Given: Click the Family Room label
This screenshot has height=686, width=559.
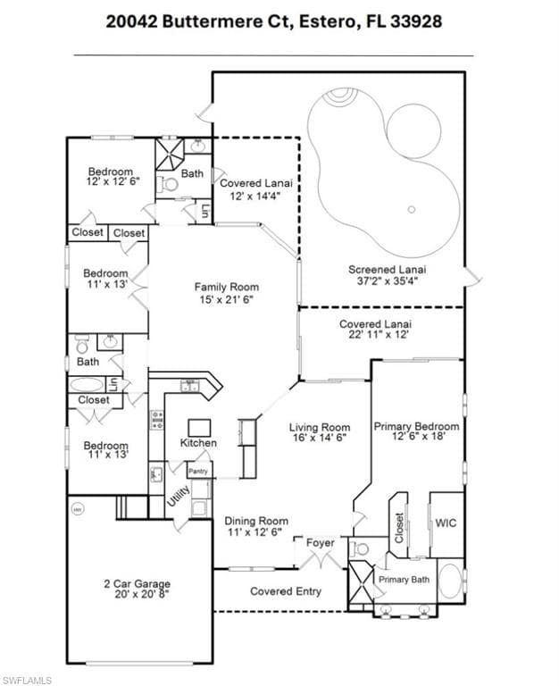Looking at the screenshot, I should (224, 287).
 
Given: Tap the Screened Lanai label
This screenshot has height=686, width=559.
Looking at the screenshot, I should (387, 269).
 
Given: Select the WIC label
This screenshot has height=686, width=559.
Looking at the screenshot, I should (446, 523).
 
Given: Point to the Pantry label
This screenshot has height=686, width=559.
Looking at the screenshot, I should (198, 471).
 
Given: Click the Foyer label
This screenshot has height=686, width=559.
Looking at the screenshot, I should (320, 542).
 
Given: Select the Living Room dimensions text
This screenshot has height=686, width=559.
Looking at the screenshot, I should (319, 439).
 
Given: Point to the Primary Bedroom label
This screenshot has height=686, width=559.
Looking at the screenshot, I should (416, 427).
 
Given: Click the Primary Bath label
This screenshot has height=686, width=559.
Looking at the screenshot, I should (404, 580).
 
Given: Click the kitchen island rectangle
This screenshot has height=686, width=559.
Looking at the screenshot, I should (199, 427).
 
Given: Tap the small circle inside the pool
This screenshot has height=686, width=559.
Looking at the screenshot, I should (412, 210).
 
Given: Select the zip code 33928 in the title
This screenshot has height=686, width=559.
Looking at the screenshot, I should (417, 21).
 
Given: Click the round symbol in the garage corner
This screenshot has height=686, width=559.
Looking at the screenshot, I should (77, 508).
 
